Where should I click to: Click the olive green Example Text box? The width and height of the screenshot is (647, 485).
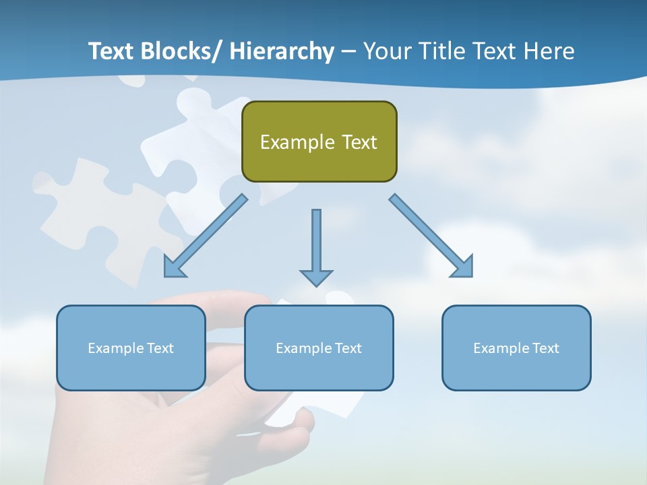319,141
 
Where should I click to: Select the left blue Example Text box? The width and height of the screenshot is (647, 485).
131,348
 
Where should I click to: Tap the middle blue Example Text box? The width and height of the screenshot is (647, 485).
319,348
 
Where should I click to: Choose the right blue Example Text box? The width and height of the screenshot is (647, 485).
516,348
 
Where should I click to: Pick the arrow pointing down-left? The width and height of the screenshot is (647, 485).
206,236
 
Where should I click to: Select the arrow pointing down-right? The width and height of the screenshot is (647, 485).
431,236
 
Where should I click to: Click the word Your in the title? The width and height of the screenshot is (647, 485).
388,51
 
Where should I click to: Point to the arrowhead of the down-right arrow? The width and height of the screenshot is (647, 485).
463,267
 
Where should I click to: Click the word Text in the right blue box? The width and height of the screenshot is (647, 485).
545,348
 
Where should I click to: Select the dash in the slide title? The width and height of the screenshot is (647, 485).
348,52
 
